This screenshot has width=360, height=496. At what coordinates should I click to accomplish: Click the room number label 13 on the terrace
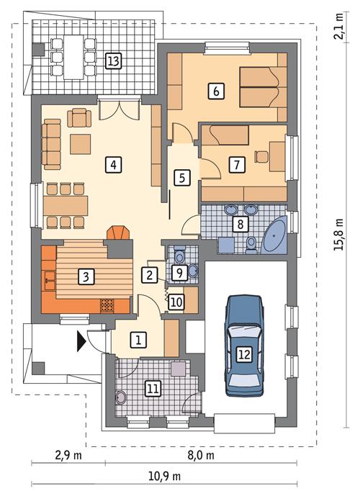(x=112, y=60)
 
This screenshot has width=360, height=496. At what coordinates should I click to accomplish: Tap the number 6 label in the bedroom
(x=214, y=91)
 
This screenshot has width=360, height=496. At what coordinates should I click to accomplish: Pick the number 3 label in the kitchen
(x=86, y=275)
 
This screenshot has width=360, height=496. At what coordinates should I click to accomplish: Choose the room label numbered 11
(x=152, y=388)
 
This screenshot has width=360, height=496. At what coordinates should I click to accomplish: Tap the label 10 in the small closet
(x=176, y=302)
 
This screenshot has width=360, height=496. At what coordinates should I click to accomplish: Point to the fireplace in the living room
(x=120, y=235)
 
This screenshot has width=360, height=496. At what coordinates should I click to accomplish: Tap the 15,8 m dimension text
(x=343, y=233)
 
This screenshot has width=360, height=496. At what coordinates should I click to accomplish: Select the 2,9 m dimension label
(x=68, y=455)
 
